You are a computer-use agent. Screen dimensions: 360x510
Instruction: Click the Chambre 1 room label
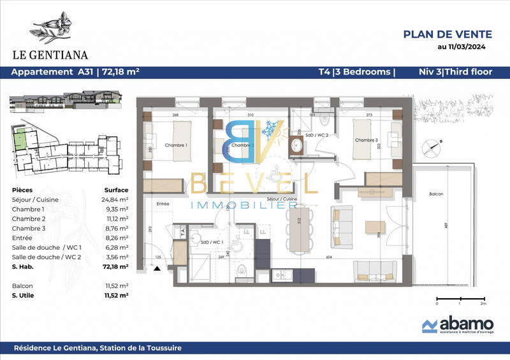pyautogui.click(x=177, y=145)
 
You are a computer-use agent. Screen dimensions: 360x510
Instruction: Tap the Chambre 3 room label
pyautogui.click(x=367, y=140)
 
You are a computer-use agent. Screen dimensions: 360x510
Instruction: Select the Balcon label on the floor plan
pyautogui.click(x=436, y=194)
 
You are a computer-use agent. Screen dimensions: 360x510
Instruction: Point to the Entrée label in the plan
pyautogui.click(x=163, y=203)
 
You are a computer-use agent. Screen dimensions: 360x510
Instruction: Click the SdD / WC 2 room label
pyautogui.click(x=317, y=135)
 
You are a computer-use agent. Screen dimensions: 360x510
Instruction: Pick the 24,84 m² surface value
pyautogui.click(x=115, y=199)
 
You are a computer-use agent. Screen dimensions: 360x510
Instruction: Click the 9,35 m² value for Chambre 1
pyautogui.click(x=117, y=209)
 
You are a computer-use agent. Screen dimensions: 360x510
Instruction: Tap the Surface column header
pyautogui.click(x=116, y=190)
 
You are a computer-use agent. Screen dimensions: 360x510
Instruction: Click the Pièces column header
pyautogui.click(x=23, y=190)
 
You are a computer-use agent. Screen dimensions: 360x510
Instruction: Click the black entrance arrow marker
pyautogui.click(x=156, y=270)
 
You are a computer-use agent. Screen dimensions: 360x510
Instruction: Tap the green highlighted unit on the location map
pyautogui.click(x=22, y=137)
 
